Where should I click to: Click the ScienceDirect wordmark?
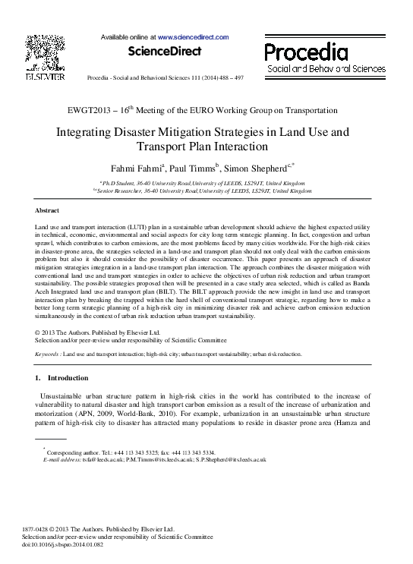click(x=165, y=52)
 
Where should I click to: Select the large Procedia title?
click(x=306, y=52)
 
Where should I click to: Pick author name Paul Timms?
click(x=194, y=167)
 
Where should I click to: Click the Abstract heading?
click(x=49, y=210)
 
